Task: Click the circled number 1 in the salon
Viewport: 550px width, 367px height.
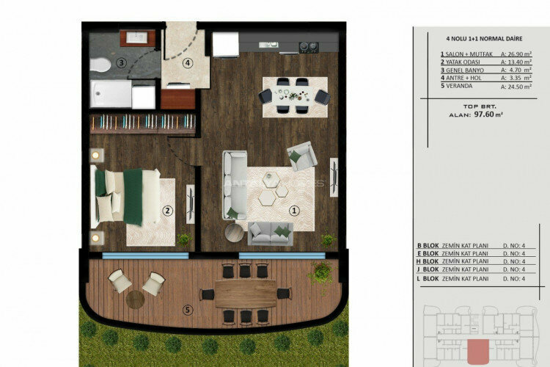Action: [x=295, y=209]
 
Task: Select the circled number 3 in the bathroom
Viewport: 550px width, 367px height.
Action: [x=121, y=62]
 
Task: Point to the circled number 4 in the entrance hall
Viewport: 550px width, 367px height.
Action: [x=188, y=62]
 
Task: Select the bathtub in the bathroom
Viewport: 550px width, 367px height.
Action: [x=112, y=95]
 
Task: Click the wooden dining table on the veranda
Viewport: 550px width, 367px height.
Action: [x=245, y=294]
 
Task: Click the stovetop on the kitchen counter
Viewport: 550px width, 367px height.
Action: [x=308, y=48]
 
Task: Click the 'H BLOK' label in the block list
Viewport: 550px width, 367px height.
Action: [x=428, y=261]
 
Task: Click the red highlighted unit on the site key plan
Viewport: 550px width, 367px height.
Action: [x=477, y=350]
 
